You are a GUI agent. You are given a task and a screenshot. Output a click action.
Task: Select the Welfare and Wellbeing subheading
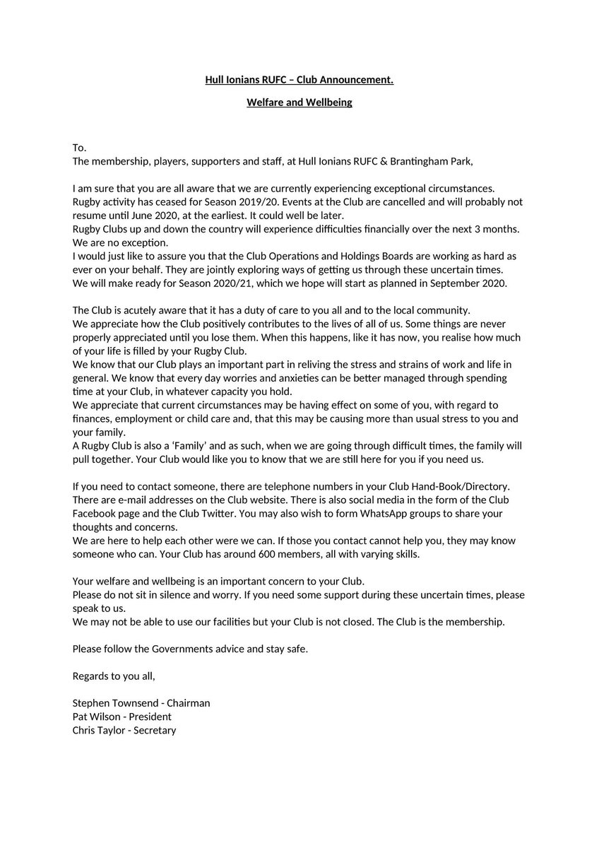point(299,103)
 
